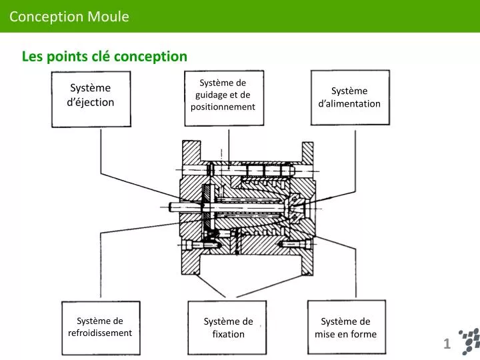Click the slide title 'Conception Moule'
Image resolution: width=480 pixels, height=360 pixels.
69,17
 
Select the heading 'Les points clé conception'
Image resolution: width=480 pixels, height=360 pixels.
105,57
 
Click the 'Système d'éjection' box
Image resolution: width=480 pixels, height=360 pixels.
91,99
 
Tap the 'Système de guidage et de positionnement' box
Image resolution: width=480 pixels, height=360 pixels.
223,98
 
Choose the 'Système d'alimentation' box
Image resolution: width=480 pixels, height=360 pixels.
349,97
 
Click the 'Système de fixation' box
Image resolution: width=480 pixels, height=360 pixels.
228,327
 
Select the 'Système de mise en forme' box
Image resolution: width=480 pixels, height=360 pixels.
345,327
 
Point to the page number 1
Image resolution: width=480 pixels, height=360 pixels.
447,344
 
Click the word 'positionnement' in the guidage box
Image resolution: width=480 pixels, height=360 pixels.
223,107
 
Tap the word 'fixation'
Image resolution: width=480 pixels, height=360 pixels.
228,334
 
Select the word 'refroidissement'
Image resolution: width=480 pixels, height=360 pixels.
100,333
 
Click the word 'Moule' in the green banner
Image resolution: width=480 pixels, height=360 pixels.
108,17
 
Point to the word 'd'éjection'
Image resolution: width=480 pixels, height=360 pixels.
91,102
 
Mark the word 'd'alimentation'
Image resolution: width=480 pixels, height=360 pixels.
349,103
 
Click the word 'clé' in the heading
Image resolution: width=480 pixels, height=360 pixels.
103,57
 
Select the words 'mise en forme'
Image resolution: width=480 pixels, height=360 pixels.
345,334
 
